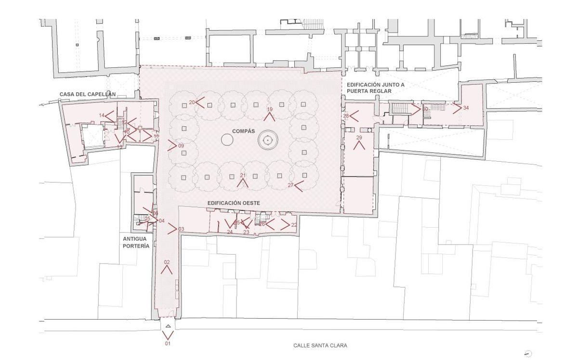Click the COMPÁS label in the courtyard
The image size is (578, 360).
243,131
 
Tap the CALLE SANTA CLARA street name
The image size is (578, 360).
320,346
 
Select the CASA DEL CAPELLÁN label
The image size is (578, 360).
88,94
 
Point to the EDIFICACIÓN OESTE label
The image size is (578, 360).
234,203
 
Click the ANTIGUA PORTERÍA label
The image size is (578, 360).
136,242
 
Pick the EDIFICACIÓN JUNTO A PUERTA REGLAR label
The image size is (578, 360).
376,88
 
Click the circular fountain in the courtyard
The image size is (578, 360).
268,141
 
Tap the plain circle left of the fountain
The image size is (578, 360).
227,140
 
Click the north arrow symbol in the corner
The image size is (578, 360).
528,354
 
